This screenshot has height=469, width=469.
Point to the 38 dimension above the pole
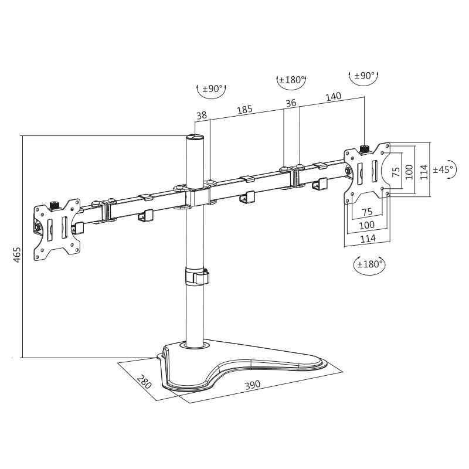coord(202,116)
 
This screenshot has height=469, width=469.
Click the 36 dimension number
coord(291,103)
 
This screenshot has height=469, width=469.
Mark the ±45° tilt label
coord(443,169)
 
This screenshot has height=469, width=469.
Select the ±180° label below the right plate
coord(369,264)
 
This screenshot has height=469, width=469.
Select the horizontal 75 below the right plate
coord(367,212)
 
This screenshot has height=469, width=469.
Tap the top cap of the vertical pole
coord(195,138)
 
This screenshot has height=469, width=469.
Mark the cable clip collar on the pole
coord(198,276)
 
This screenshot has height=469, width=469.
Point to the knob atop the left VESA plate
coord(56,204)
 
